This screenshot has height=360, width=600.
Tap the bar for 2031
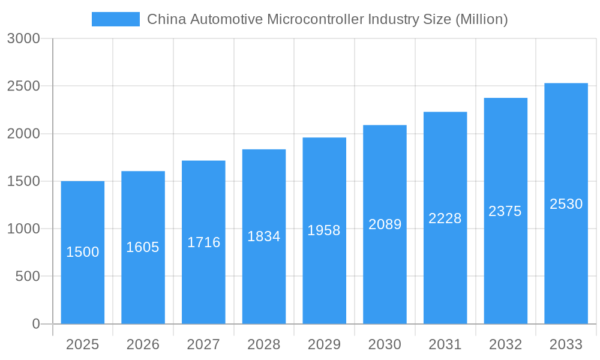coord(445,270)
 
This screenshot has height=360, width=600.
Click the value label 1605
coord(143,247)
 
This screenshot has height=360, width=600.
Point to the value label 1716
coord(204,242)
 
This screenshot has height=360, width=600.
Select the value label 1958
coord(324,230)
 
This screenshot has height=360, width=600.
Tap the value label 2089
coord(385,224)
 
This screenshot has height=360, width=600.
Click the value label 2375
coord(505,211)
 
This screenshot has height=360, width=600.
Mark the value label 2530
coord(566,204)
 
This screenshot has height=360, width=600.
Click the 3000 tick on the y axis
coord(23,39)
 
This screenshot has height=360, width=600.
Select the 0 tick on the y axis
coord(35,324)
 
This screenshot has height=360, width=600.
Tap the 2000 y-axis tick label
coord(23,134)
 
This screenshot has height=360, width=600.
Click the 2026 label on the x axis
coord(143,344)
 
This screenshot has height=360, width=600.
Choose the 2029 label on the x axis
coord(324,344)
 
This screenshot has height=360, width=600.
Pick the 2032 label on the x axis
coord(505,344)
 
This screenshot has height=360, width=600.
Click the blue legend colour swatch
coord(115,19)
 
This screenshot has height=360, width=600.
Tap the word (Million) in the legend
coord(482,19)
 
